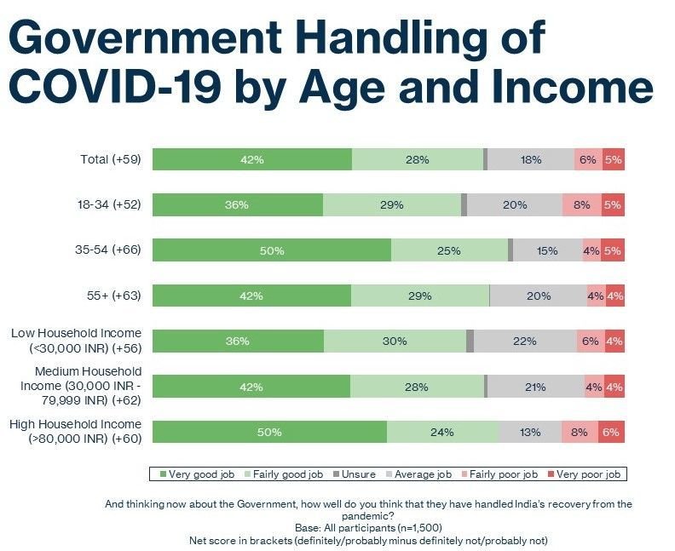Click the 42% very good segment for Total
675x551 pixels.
coord(252,159)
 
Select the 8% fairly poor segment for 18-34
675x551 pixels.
coord(582,205)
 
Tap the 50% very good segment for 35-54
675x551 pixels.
coord(272,250)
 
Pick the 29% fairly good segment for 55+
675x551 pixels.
coord(420,296)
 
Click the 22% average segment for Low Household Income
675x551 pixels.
coord(525,341)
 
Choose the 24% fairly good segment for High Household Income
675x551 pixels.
coord(442,432)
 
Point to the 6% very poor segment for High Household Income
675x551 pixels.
coord(611,432)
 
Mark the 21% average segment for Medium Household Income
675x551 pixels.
coord(535,387)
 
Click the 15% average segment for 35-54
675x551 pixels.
coord(547,250)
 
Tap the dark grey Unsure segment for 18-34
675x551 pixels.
coord(464,205)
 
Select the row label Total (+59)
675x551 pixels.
coord(109,159)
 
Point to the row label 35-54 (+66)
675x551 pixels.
coord(108,250)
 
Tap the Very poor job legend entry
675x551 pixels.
coord(587,474)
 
